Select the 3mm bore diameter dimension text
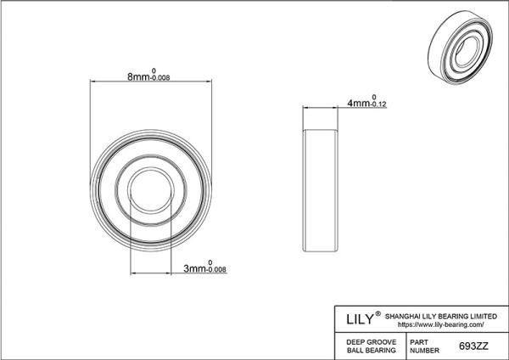click(x=195, y=268)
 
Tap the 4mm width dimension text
click(x=359, y=104)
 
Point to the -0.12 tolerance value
click(x=378, y=104)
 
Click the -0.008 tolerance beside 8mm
click(x=160, y=78)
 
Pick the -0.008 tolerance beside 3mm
click(x=216, y=270)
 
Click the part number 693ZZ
click(x=473, y=346)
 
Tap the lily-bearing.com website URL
click(x=441, y=324)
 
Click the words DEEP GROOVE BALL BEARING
click(x=372, y=346)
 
